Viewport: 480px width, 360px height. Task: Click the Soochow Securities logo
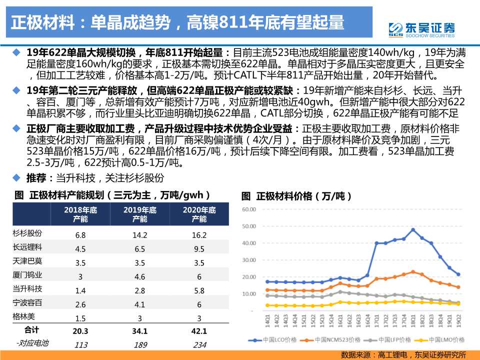(421, 29)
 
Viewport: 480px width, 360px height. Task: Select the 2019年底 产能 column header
(140, 214)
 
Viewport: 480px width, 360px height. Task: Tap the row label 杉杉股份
(27, 233)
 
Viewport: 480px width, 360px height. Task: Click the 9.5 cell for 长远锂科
(199, 248)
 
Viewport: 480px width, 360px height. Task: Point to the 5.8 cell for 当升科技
(199, 290)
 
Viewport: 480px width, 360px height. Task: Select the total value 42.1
(199, 330)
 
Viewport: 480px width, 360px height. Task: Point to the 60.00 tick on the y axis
(248, 209)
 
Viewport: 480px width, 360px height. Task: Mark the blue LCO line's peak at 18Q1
(413, 229)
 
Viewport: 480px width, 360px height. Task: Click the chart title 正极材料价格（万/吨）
(296, 196)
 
